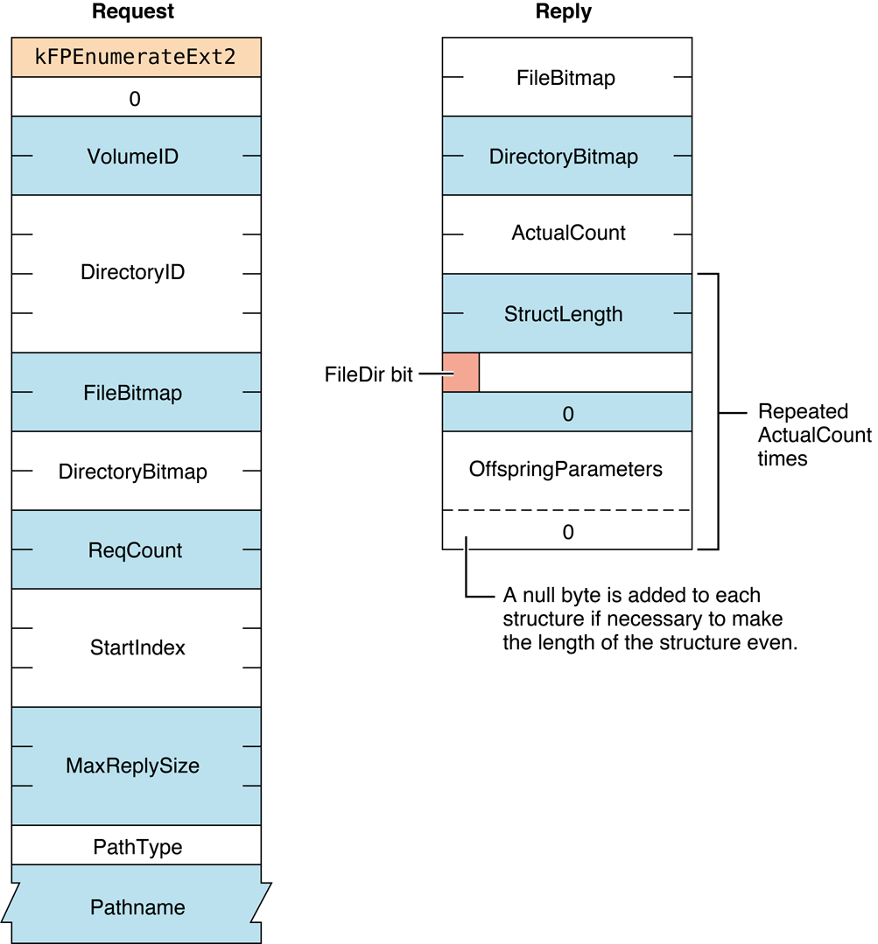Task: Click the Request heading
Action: pyautogui.click(x=133, y=12)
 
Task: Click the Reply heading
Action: pyautogui.click(x=563, y=12)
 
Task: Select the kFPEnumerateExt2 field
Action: pyautogui.click(x=136, y=57)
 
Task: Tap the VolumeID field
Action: pyautogui.click(x=136, y=157)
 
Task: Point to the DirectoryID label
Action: pyautogui.click(x=133, y=272)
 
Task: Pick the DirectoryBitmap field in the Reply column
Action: pyautogui.click(x=565, y=157)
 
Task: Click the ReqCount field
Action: pyautogui.click(x=136, y=550)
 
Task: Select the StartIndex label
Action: pyautogui.click(x=137, y=648)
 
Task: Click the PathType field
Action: pyautogui.click(x=137, y=847)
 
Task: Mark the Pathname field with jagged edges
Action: pyautogui.click(x=137, y=907)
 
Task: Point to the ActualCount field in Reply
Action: pyautogui.click(x=568, y=234)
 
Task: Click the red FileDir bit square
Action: pyautogui.click(x=460, y=373)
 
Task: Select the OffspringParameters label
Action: pyautogui.click(x=565, y=469)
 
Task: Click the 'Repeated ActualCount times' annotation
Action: pyautogui.click(x=814, y=435)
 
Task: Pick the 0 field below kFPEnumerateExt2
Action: pyautogui.click(x=135, y=99)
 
